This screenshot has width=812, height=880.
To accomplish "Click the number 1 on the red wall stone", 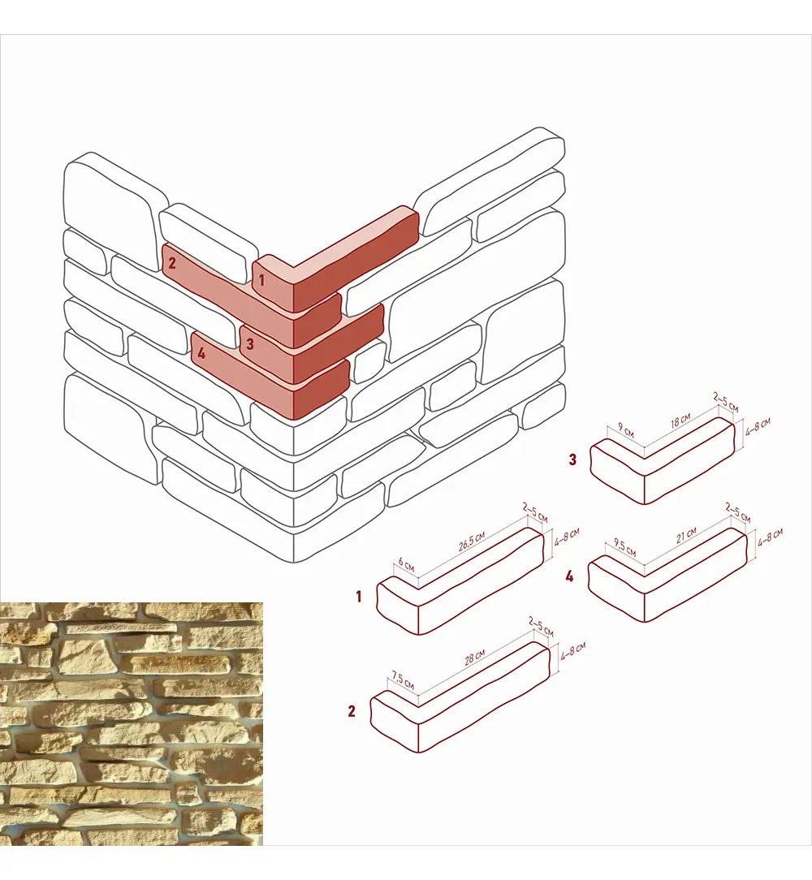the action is point(261,279).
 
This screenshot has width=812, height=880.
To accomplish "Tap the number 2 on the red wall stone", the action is point(172,262).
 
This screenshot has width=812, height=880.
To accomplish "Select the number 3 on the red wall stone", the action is point(250,343).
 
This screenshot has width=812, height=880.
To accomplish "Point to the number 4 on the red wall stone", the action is point(201,353).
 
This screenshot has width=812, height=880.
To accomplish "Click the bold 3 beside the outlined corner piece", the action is point(572,459).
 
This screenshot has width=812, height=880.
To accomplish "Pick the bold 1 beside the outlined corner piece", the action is point(359,596).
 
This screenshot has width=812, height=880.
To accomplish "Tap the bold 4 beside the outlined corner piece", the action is point(569,576).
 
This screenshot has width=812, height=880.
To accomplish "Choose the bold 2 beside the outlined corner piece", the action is point(352,711).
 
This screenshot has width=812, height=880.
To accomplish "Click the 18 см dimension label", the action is point(680,421).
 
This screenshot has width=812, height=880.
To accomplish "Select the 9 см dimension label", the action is point(626,430).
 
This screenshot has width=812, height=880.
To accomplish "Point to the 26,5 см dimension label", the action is point(472,541).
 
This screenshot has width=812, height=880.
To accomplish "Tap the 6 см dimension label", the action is point(406,564).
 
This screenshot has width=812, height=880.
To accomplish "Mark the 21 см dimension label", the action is point(686,534).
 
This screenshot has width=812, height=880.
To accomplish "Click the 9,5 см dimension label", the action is point(624,547).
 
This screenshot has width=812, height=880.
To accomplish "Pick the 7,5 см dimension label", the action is point(403,679).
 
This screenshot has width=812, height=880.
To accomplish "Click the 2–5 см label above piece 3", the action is point(725,402).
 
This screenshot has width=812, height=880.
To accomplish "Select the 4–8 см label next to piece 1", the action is point(567,537).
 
